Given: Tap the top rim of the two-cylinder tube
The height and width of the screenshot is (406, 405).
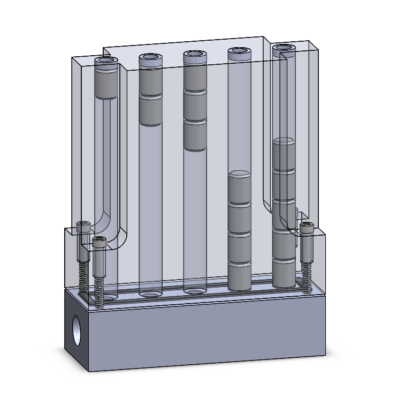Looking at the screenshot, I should click(150, 57).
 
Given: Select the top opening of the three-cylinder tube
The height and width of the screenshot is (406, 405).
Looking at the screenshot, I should click(195, 54).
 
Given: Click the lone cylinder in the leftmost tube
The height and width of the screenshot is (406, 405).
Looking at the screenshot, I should click(106, 83).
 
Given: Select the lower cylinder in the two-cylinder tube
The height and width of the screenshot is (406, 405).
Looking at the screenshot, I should click(150, 111).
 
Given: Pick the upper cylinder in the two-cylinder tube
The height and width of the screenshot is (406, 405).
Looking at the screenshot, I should click(150, 81).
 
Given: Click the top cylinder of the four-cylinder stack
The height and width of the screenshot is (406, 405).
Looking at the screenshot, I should click(240, 188).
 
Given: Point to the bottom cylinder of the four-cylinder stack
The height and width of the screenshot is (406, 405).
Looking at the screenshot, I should click(240, 276).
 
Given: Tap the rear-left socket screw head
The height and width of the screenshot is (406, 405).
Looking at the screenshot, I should click(83, 227).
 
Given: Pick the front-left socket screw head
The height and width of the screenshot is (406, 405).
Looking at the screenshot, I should click(99, 243).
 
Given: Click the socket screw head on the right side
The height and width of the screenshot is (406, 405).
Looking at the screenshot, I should click(307, 228).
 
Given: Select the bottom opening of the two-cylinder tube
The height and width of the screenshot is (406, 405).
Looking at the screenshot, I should click(150, 294).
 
